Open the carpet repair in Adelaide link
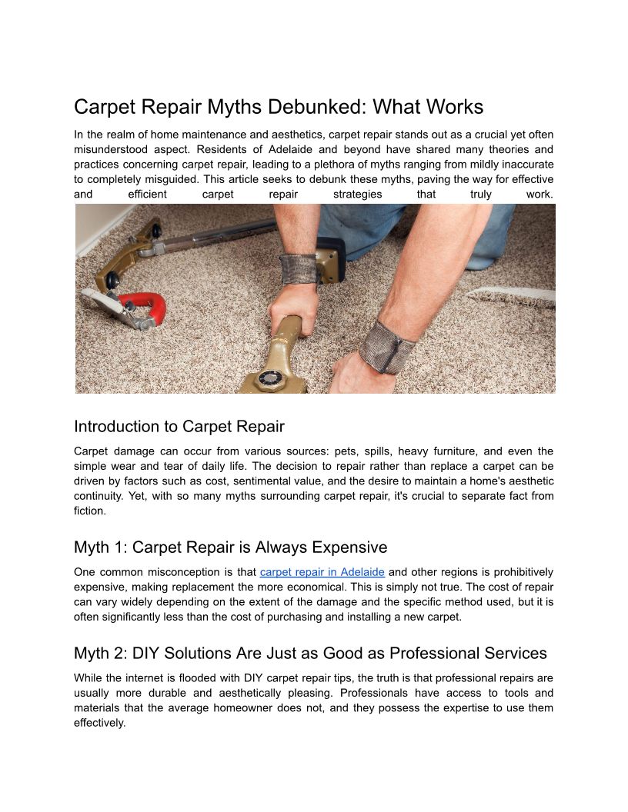pos(322,572)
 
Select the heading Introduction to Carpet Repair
pos(179,427)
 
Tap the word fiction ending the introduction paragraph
pos(89,511)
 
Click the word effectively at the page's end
pos(99,723)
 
